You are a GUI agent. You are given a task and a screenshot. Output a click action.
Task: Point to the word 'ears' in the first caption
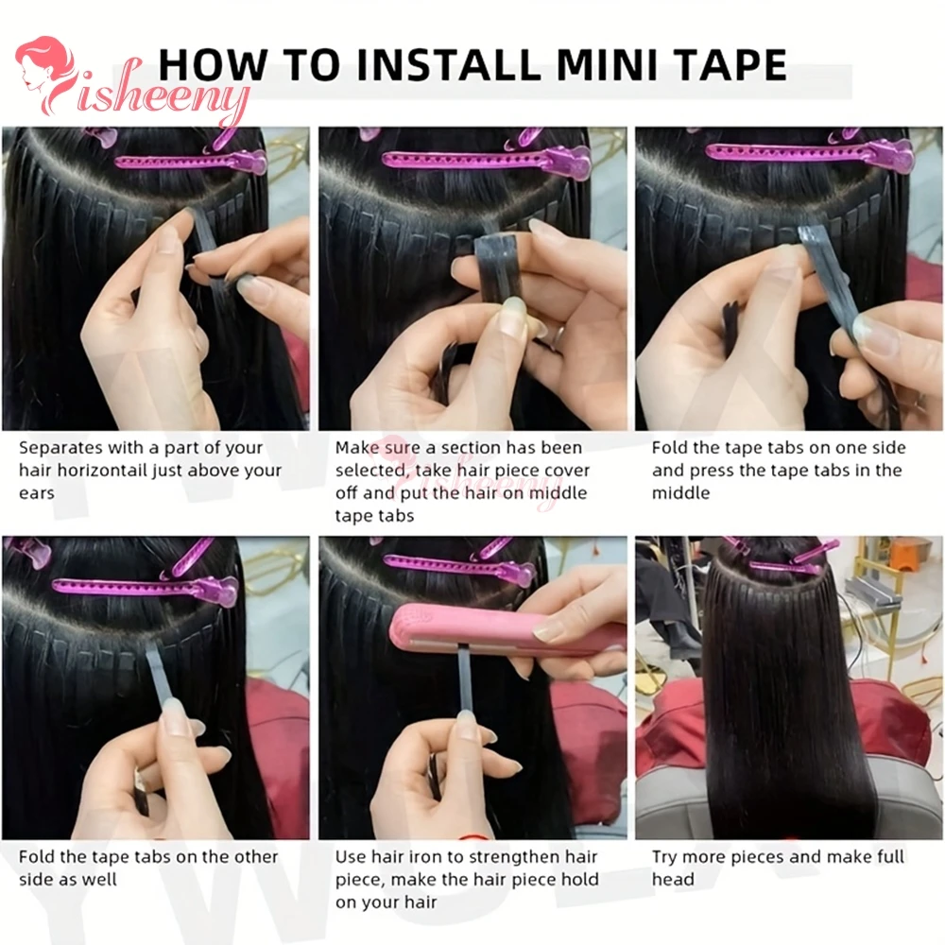pyautogui.click(x=37, y=493)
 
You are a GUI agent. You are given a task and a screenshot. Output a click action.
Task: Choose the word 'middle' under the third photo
pyautogui.click(x=680, y=493)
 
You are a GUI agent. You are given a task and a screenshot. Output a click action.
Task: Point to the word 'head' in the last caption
pyautogui.click(x=673, y=879)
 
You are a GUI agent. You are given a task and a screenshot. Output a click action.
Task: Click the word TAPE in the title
pyautogui.click(x=733, y=65)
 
